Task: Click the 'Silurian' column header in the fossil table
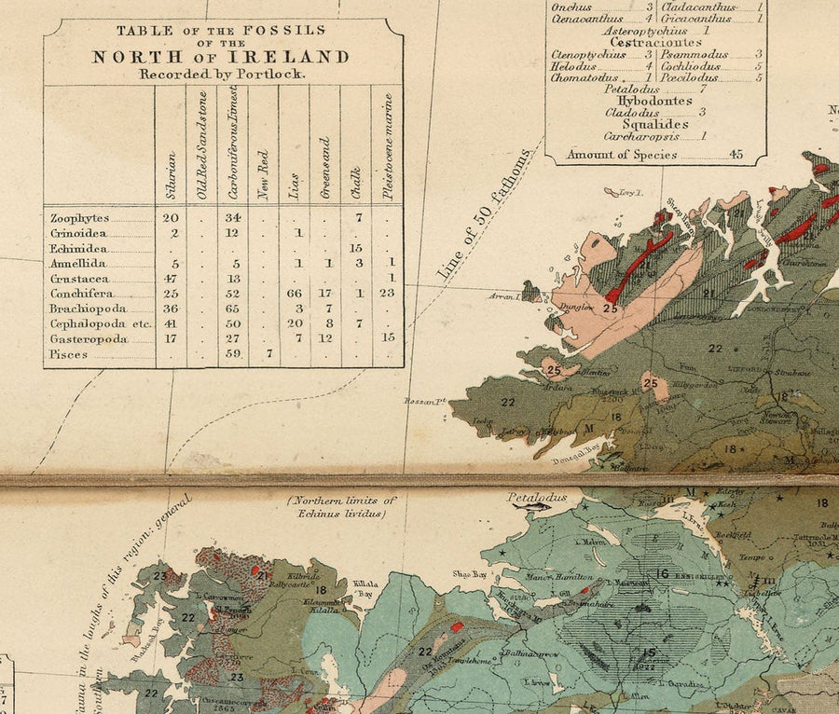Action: [x=171, y=175]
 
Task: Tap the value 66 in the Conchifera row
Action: [x=294, y=294]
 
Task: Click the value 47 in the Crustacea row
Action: [x=170, y=279]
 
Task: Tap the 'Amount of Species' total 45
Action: [x=736, y=155]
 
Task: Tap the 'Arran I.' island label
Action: [x=504, y=296]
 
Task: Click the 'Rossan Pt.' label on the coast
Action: [x=423, y=402]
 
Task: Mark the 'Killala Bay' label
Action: [x=366, y=587]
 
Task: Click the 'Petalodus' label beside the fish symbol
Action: [x=536, y=498]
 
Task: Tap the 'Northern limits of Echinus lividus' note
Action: [x=341, y=506]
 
